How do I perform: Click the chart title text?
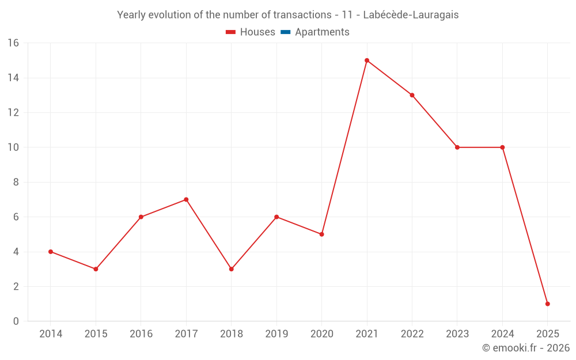(288, 15)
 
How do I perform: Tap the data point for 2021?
(367, 60)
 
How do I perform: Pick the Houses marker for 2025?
(547, 304)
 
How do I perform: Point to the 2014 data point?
(51, 252)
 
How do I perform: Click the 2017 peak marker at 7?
(186, 199)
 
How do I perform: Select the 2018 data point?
(231, 269)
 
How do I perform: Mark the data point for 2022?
(412, 95)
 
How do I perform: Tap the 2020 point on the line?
(321, 234)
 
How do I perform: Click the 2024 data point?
(502, 147)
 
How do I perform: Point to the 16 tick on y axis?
(13, 43)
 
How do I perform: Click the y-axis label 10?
(13, 147)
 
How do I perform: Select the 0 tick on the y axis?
(16, 321)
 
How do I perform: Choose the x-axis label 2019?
(276, 334)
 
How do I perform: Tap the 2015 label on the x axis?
(96, 334)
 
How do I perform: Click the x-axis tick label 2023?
(457, 334)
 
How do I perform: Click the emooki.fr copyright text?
(525, 348)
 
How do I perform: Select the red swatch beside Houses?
(231, 32)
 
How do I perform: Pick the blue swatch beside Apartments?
(285, 32)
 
